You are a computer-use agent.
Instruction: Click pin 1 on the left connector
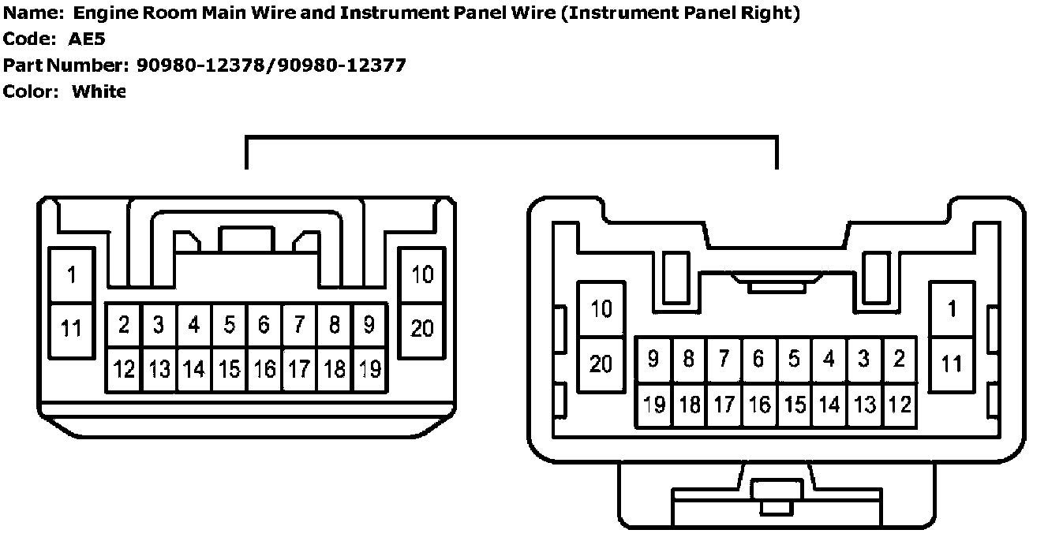72,275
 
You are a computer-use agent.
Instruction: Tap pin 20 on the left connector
423,327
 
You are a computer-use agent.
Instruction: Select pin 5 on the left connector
229,325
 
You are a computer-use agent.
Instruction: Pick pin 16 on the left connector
264,368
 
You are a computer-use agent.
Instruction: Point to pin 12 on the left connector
124,368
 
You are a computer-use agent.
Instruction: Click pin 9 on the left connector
369,325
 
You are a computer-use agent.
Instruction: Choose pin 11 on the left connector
72,327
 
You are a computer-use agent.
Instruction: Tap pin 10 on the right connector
601,308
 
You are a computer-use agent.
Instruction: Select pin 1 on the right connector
953,308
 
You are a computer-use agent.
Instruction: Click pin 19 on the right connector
654,405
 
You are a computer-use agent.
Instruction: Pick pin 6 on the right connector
758,360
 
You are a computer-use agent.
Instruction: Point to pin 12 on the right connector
900,405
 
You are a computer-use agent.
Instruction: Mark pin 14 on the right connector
829,405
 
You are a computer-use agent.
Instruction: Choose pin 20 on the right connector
601,364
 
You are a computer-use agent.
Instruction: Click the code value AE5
87,39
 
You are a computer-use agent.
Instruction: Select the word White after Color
99,91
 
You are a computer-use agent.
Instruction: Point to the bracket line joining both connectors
511,139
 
